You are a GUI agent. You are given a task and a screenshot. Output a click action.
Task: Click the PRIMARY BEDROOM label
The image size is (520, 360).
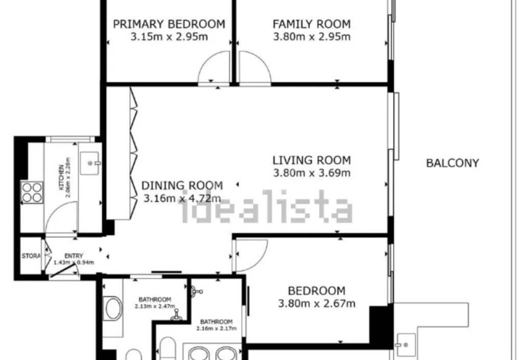coord(169,24)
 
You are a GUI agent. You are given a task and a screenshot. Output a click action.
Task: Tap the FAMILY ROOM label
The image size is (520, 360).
coord(312,24)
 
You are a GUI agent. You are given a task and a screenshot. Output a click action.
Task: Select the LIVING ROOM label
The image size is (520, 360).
coord(312,160)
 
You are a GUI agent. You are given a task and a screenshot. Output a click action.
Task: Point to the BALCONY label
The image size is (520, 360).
coord(453,163)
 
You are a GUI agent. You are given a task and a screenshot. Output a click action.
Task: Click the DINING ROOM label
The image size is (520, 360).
coord(182,186)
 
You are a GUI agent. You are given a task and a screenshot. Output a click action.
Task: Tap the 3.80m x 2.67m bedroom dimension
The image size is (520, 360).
coord(317,303)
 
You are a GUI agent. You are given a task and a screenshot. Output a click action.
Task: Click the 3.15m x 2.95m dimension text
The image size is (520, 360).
coord(169,36)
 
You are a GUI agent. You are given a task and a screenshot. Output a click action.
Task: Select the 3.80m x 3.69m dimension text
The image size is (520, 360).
coord(312,173)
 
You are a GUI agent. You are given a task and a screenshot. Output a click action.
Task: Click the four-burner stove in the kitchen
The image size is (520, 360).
coord(32,193)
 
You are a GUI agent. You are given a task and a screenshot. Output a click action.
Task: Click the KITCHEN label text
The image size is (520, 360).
coord(61,177)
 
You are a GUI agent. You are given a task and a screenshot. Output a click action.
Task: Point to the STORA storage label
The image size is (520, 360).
coord(31,256)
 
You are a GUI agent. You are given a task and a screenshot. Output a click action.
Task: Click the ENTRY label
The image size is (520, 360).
coord(74,256)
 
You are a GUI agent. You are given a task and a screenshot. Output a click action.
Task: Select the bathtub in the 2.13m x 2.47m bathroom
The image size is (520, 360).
coord(113,308)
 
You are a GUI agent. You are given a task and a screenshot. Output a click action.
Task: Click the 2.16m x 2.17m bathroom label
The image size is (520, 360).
coord(216,325)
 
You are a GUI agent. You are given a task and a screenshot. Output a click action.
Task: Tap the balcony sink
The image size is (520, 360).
coord(406,345)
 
